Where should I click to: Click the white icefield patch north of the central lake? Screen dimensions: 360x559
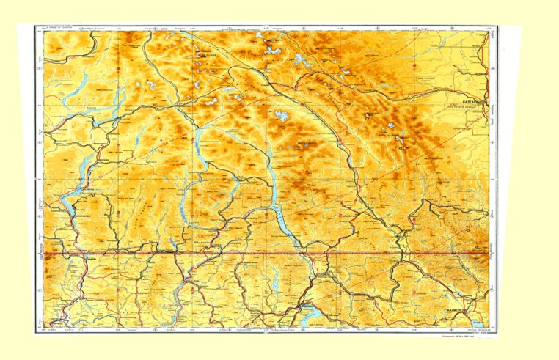(x=280, y=116)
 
